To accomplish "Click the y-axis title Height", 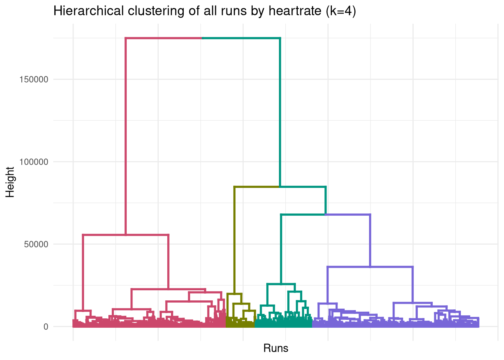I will tap(10, 182).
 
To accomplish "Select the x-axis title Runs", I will tap(276, 348).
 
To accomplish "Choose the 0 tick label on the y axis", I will tap(46, 327).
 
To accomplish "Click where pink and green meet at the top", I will tap(202, 38).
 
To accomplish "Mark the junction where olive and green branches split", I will tap(280, 187).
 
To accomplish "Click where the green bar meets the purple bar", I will tap(325, 214).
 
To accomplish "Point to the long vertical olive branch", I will tap(235, 240).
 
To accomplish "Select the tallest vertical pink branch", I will tap(126, 135).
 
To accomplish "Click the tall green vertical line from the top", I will tap(280, 112).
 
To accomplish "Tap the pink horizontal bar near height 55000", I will tap(126, 235).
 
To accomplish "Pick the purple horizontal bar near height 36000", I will tap(370, 267).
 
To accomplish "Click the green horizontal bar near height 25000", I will tap(281, 284).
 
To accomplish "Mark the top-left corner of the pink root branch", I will tap(126, 38).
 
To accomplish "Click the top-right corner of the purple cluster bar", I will tap(370, 214).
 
